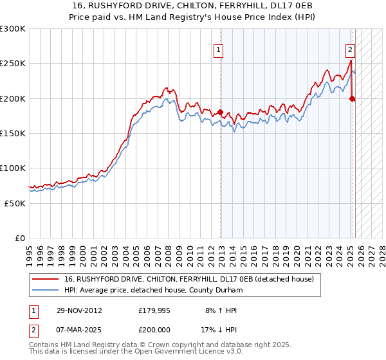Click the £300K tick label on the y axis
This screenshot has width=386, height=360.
(12, 29)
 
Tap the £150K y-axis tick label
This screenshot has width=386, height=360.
(12, 133)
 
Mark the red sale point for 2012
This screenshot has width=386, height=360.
(220, 113)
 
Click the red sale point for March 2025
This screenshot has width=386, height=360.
(352, 98)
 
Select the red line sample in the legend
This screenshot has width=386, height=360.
(46, 279)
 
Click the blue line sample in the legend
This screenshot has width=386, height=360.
(46, 290)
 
